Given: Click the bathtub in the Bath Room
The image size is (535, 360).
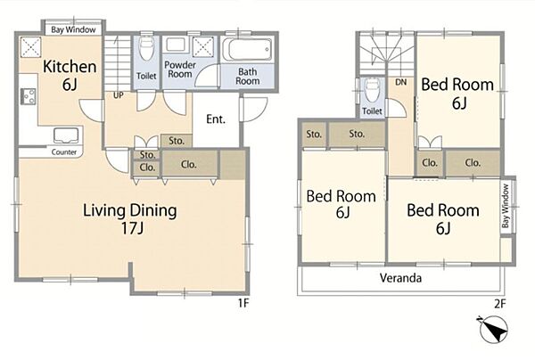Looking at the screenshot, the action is pos(247,49).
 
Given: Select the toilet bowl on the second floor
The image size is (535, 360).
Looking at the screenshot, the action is pos(372,90).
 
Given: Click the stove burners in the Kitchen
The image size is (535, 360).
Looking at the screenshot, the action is pos(29,96).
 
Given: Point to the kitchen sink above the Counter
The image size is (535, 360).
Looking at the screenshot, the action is pos(67,135).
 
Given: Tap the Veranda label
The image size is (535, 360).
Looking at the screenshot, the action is pos(400,278).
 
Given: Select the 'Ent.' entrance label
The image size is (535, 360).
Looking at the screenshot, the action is pos(216,119).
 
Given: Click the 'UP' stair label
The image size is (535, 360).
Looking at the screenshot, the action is pos(118,95).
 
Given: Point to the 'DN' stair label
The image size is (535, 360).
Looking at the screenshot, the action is pos(401,82).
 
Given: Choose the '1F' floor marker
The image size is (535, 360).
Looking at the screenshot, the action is pos(243,303).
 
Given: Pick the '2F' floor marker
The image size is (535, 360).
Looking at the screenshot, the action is pos(500,303).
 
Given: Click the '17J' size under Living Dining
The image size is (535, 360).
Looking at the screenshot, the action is pos(132,228).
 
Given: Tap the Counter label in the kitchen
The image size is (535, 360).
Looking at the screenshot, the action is pos(64,152).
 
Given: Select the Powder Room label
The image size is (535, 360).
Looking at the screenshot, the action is pos(180,70).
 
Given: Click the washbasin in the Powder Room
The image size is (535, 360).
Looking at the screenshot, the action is pos(176,45).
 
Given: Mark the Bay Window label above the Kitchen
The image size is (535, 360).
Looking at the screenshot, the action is pos(73,29).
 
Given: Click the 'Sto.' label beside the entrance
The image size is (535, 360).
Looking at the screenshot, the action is pos(177,141).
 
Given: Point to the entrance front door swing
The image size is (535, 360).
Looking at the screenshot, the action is pos(254,110).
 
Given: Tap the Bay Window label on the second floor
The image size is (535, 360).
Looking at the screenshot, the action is pos(506,206).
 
